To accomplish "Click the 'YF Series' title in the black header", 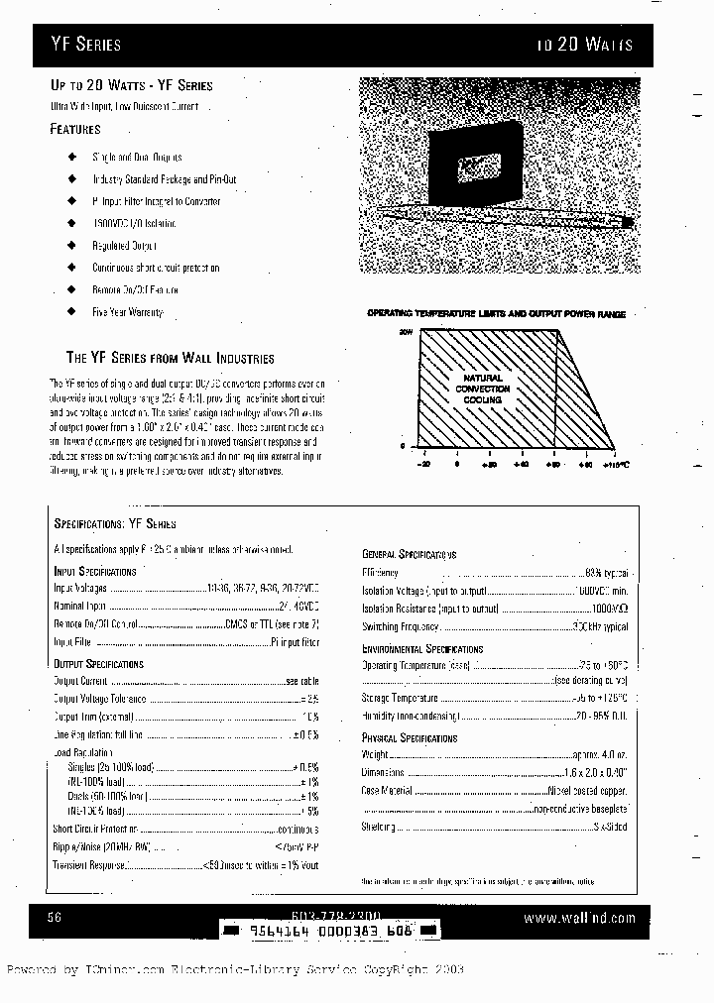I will click(x=86, y=45).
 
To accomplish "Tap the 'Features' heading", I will click(x=75, y=129).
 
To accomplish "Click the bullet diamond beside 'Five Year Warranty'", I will click(x=71, y=311).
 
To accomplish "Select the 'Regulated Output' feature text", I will click(x=124, y=245).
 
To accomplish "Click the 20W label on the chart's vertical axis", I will click(x=405, y=333).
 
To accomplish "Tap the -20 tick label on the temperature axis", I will click(x=423, y=464).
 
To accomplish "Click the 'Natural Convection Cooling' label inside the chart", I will click(x=483, y=389).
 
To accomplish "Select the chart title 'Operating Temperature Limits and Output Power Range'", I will click(x=496, y=313).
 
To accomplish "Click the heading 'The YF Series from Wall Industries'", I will click(x=170, y=358).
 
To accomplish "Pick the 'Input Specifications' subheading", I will click(x=95, y=572).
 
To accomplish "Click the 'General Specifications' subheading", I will click(x=409, y=555).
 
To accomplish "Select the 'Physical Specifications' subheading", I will click(x=409, y=738).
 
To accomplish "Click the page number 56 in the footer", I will click(x=55, y=919).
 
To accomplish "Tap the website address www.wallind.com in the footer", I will click(x=579, y=919).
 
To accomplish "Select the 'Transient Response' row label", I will click(x=89, y=864).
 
